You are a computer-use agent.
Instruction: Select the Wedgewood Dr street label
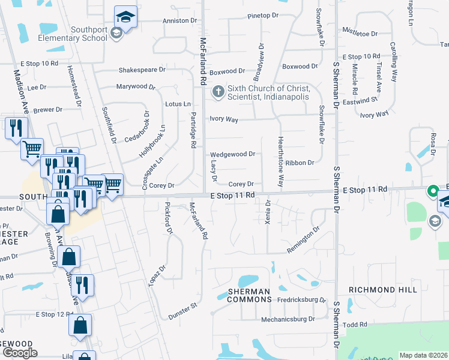click(233, 154)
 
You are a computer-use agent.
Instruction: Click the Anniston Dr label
click(179, 20)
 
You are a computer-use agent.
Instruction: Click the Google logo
click(20, 353)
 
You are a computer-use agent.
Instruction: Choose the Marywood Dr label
click(136, 86)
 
